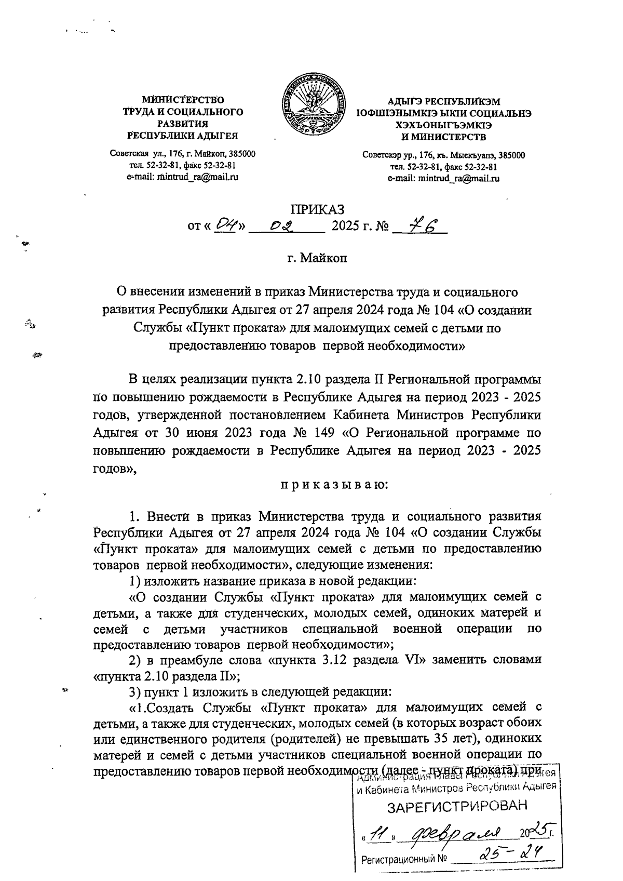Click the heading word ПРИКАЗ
[x=317, y=210]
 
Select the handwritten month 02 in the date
[x=283, y=226]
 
